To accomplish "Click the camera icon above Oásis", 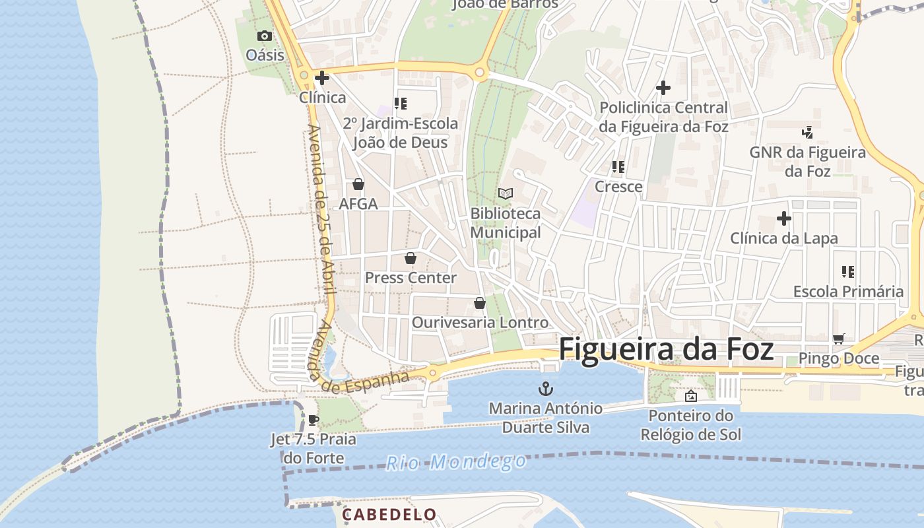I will tap(264, 36).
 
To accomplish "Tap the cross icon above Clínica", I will tap(322, 79).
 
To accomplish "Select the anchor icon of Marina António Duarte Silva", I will tap(545, 387).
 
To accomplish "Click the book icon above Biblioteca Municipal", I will tap(506, 193).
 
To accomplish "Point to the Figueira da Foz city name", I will tap(666, 349).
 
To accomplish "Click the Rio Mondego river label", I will tap(456, 462).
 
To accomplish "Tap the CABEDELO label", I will tap(389, 514).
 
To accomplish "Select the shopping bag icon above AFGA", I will tap(358, 184).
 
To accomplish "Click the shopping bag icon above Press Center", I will tap(411, 258).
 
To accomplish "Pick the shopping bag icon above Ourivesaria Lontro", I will tap(480, 303).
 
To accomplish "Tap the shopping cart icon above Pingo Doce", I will tap(838, 339).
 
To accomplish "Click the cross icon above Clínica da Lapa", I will tap(783, 218).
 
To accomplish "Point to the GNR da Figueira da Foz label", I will tap(807, 161).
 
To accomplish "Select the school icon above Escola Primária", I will tap(848, 271).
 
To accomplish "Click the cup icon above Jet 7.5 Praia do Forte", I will tap(313, 420).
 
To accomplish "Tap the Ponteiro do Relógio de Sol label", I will tap(690, 425).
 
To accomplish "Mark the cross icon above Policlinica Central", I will tap(663, 88).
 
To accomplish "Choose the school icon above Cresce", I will tap(618, 167).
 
